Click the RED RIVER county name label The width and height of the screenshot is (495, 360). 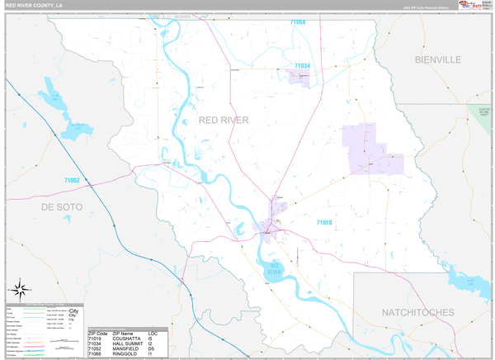click(x=224, y=121)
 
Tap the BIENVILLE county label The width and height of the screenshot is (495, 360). click(x=438, y=59)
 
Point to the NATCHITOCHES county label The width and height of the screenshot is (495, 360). click(x=418, y=312)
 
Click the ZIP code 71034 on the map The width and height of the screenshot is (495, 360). click(x=303, y=66)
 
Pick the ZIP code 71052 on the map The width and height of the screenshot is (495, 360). click(x=73, y=180)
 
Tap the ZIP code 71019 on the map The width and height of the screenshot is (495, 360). click(x=323, y=222)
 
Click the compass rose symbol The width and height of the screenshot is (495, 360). click(x=21, y=289)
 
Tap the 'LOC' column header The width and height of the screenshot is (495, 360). click(x=153, y=332)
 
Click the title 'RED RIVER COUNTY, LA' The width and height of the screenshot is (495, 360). click(x=35, y=5)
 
